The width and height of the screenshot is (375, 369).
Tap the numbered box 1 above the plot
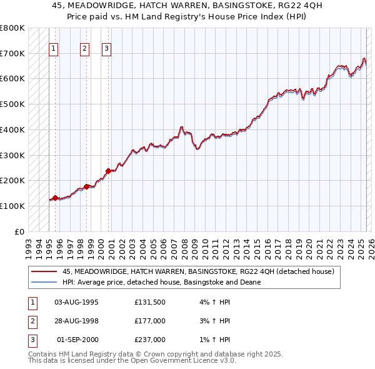click(x=53, y=48)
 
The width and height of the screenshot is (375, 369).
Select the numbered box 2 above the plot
click(x=85, y=48)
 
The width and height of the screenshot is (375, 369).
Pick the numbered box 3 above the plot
click(x=107, y=48)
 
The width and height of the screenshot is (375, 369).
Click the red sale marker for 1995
click(x=55, y=198)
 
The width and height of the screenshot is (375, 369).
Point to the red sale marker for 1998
click(x=86, y=186)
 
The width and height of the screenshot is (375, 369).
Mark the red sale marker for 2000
click(x=108, y=171)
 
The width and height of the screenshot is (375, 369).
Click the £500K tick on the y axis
click(x=12, y=104)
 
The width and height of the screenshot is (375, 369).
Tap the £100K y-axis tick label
click(x=12, y=206)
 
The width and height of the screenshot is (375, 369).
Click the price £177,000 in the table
click(x=150, y=321)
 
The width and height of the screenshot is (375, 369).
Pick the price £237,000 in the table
click(x=150, y=340)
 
